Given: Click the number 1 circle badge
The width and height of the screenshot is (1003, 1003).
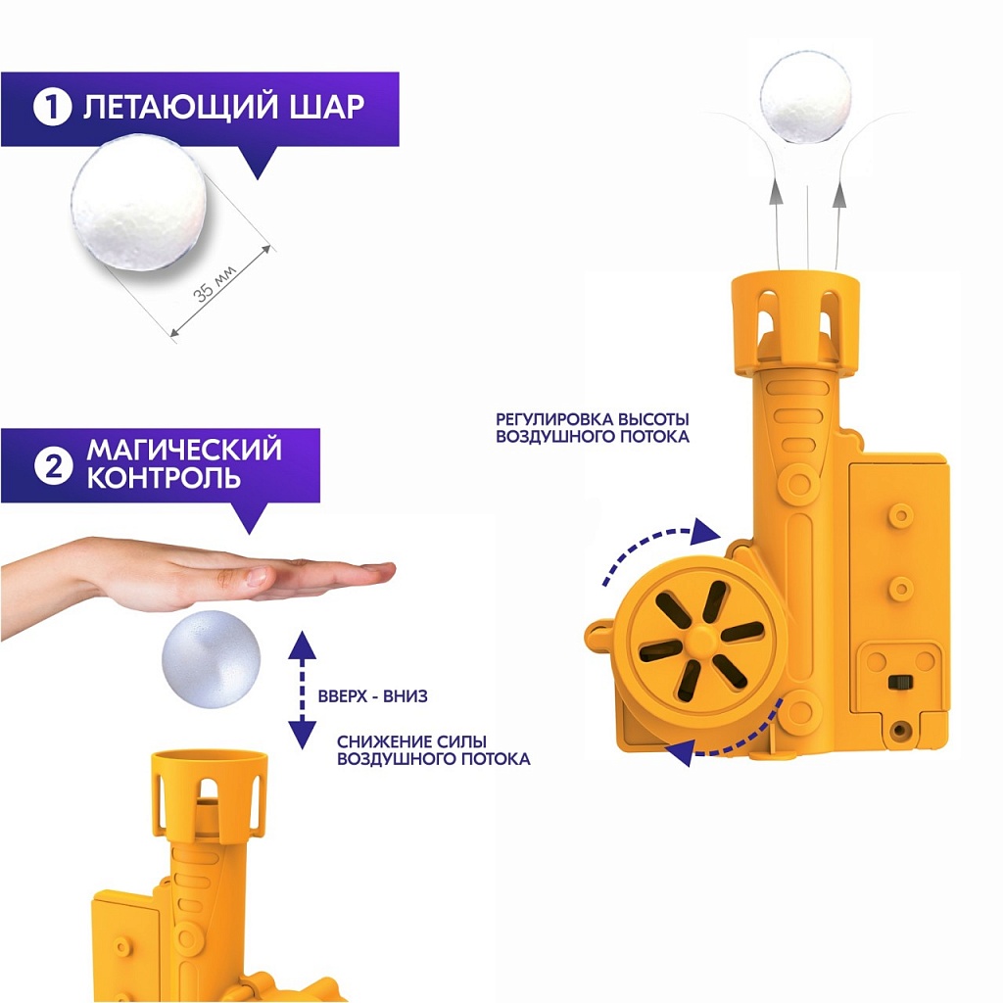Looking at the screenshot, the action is tap(53, 108).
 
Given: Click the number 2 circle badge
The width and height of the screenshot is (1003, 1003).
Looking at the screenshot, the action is tap(53, 466).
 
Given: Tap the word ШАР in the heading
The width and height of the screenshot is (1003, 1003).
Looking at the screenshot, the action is tap(326, 107).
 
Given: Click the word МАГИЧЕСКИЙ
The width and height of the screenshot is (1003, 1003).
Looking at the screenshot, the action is tap(184, 449).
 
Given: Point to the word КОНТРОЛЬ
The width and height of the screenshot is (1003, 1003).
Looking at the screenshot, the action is tap(164, 478).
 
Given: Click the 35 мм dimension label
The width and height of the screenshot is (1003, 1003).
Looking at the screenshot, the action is tap(215, 283).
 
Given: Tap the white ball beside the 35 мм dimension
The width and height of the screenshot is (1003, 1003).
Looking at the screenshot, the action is tap(139, 203).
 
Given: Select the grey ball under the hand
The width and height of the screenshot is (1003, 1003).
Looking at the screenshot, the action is tap(212, 659).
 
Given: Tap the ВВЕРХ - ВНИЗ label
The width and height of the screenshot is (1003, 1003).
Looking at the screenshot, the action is tap(373, 696).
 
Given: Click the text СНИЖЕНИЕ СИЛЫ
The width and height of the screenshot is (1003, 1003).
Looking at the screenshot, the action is tap(412, 741).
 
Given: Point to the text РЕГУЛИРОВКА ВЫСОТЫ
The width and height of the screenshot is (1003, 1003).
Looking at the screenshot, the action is tap(593, 419).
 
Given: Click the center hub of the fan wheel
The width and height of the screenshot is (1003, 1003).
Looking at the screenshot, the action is tap(701, 640).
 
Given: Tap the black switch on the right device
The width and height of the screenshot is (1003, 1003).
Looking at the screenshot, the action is tap(898, 682).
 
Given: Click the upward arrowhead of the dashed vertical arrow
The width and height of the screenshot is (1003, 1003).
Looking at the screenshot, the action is tap(302, 645).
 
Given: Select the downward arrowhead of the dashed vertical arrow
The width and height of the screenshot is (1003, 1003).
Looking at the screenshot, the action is tap(302, 735).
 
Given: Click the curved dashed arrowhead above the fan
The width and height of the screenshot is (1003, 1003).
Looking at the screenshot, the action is tap(705, 532).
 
